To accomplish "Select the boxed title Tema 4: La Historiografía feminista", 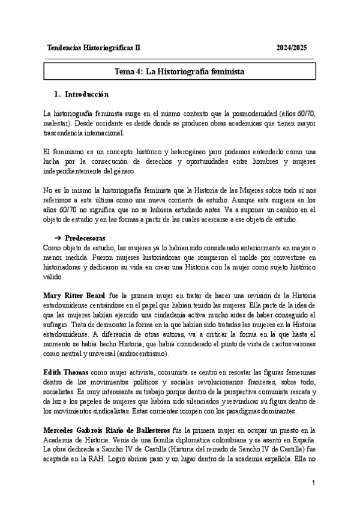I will [x=179, y=71].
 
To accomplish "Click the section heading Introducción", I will [x=86, y=94].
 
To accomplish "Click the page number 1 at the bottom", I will [x=313, y=483].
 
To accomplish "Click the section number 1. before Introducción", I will [x=57, y=94].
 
